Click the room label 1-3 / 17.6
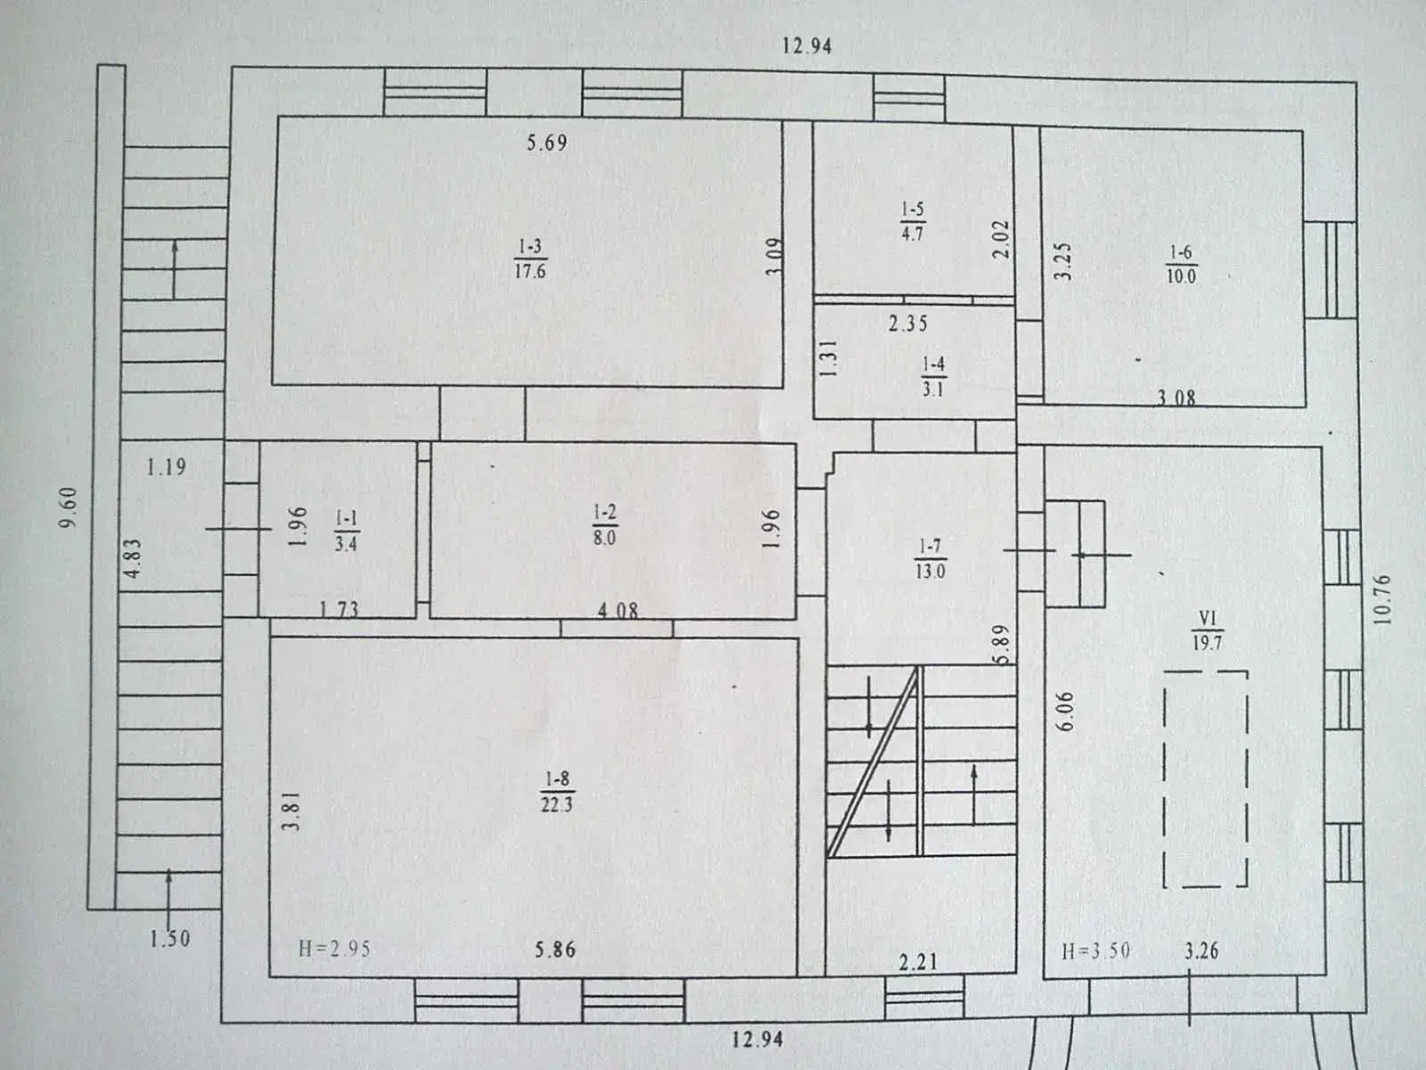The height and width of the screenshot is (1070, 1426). [x=530, y=259]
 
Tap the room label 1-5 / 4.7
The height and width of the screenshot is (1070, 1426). [x=912, y=221]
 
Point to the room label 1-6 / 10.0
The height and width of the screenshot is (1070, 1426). [x=1181, y=265]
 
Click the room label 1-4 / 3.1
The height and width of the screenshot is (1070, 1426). [x=933, y=377]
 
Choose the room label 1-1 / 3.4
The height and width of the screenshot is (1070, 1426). [x=346, y=531]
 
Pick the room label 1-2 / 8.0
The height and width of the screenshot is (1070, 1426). [x=604, y=525]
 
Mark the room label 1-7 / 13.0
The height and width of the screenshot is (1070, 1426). [x=930, y=559]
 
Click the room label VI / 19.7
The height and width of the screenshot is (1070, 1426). [x=1208, y=630]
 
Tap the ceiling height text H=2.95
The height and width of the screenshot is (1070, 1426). [x=334, y=949]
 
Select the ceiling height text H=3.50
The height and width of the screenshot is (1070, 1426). [x=1095, y=951]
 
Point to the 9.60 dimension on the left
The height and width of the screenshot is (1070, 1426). [x=69, y=507]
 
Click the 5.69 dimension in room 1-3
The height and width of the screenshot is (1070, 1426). [x=547, y=143]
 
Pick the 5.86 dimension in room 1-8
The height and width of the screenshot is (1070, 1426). [x=555, y=949]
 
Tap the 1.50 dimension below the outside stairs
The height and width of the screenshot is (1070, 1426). [x=169, y=938]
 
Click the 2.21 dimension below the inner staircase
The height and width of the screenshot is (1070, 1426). [x=918, y=961]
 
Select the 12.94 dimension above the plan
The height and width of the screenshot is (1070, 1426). [x=807, y=46]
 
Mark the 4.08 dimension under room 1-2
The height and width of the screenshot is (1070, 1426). [x=618, y=610]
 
